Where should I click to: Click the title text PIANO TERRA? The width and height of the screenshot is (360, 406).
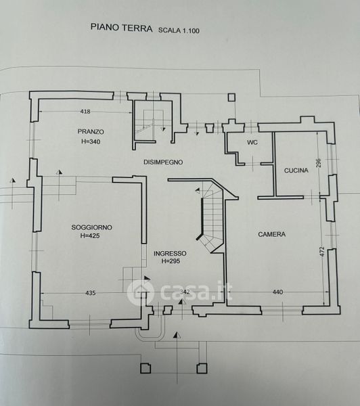(122, 28)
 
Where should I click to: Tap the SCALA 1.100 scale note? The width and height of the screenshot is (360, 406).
(179, 30)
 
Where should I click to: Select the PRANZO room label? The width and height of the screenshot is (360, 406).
(91, 131)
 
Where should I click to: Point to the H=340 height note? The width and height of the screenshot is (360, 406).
(91, 141)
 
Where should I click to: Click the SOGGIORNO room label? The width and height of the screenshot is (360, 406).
(91, 227)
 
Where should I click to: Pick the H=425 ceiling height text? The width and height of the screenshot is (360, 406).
(90, 235)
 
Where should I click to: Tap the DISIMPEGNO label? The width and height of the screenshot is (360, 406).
(163, 162)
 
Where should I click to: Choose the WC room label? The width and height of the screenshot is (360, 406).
(252, 142)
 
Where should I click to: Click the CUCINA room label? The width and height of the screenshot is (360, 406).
(296, 171)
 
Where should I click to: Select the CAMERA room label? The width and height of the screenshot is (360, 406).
(271, 234)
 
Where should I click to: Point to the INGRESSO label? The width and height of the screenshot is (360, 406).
(170, 253)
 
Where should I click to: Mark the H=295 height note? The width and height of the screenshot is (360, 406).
(171, 261)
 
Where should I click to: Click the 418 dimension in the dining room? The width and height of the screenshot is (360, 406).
(85, 112)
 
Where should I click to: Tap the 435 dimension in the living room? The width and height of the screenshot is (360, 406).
(91, 293)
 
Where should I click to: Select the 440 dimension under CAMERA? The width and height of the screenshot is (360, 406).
(277, 292)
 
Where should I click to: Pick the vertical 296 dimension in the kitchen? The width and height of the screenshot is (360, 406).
(319, 162)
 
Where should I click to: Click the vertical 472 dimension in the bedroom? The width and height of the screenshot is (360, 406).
(321, 251)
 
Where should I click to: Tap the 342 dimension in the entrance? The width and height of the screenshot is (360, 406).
(185, 292)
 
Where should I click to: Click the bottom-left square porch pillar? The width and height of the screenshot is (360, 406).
(145, 368)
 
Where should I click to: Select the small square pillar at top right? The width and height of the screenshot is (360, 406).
(231, 97)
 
